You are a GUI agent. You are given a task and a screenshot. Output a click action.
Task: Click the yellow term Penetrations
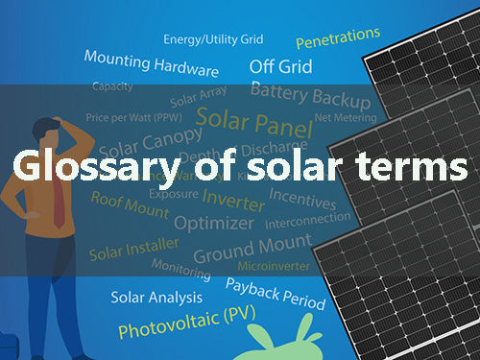338,38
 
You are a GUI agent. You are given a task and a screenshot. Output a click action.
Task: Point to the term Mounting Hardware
151,63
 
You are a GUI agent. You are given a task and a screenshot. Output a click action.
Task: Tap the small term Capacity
112,86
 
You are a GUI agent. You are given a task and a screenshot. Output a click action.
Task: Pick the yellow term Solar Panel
253,124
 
